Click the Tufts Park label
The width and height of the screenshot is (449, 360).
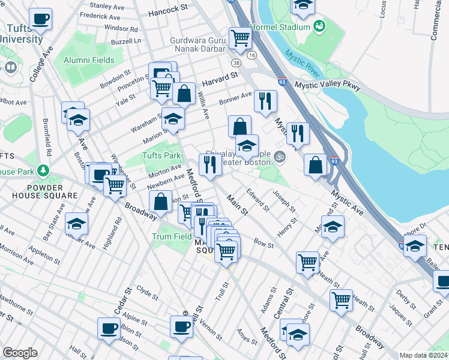coord(161,155)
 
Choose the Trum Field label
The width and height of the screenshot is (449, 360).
coord(171,236)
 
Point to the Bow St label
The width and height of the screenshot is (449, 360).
coord(263,244)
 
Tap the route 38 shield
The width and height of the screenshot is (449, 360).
coord(237,63)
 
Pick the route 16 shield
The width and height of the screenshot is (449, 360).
coord(252,55)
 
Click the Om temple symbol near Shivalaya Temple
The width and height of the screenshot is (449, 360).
coord(278,158)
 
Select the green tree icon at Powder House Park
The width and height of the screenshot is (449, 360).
coord(43,171)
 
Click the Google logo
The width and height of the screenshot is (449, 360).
coord(20,352)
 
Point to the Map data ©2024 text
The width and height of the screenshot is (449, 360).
coord(423,355)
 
